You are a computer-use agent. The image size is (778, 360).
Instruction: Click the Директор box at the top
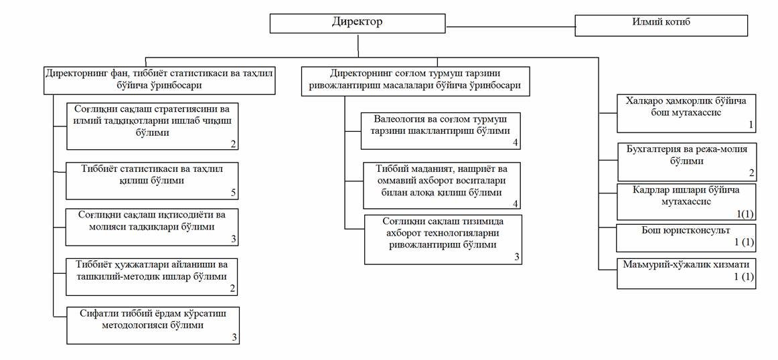pos(358,23)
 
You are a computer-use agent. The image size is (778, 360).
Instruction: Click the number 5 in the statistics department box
pos(234,193)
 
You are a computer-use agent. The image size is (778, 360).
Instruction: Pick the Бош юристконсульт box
pos(686,236)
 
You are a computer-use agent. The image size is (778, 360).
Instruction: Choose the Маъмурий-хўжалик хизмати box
pos(686,272)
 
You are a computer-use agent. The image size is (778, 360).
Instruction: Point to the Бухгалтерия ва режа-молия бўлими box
pos(686,161)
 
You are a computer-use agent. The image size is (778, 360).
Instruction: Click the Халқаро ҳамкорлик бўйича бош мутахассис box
pos(686,113)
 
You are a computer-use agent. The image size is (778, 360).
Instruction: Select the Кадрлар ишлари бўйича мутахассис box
pos(686,201)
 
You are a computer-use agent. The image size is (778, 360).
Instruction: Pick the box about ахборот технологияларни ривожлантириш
pos(443,239)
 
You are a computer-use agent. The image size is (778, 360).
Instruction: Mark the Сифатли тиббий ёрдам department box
pos(152,325)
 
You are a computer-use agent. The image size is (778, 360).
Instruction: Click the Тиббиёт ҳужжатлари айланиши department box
pos(152,276)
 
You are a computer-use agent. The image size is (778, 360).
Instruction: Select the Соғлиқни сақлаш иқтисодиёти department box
pos(152,227)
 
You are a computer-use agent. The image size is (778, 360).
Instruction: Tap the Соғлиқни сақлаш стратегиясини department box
pos(152,125)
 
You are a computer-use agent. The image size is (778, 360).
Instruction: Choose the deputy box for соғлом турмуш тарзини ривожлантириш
pos(416,79)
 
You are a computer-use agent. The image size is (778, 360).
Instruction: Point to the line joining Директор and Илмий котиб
pos(510,27)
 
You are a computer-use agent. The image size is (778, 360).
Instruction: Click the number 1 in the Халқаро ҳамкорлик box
pos(751,125)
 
